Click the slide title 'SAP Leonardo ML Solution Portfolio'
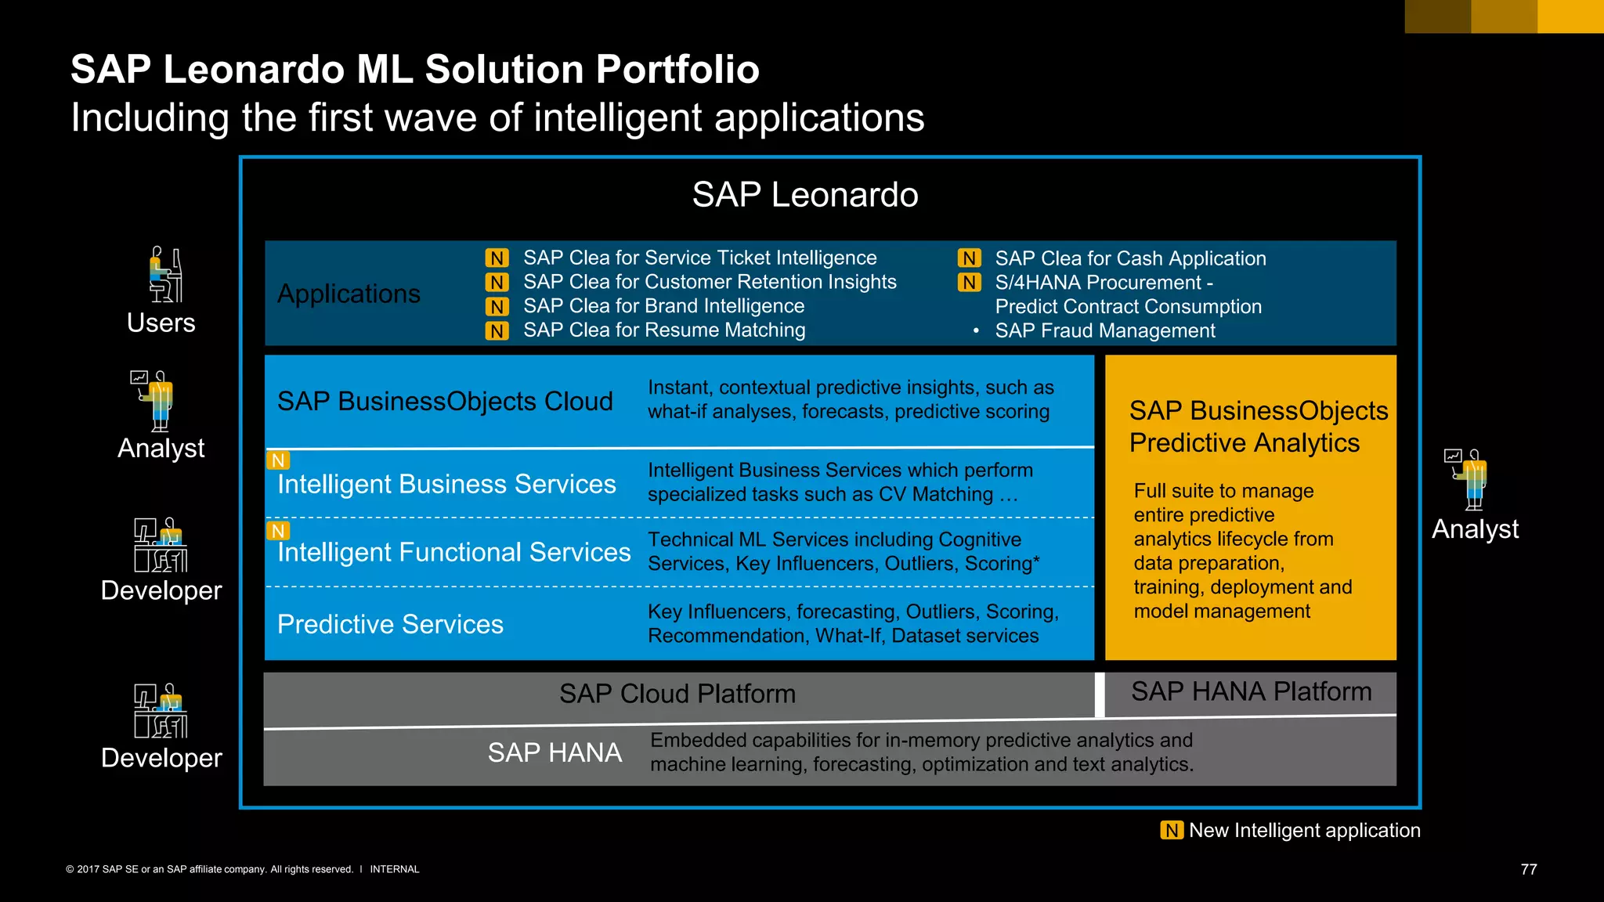[415, 69]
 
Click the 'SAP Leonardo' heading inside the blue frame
[804, 194]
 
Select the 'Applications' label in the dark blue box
[349, 294]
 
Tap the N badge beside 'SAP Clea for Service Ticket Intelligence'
[497, 258]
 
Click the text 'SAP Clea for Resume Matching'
[664, 330]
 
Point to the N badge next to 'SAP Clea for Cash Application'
[969, 258]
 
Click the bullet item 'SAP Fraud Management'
[1104, 331]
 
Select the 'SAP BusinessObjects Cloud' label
[445, 401]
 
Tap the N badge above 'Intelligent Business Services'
[278, 460]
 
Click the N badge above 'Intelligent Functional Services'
[278, 531]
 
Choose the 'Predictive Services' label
[390, 624]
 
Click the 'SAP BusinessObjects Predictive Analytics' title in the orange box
[1258, 427]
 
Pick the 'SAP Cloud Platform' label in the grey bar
[677, 694]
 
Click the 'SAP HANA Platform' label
[1251, 691]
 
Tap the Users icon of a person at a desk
[165, 275]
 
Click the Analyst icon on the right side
[1467, 478]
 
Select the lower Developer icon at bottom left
[161, 711]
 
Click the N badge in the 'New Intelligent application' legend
[1171, 830]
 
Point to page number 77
[1528, 869]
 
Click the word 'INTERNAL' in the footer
[394, 869]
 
